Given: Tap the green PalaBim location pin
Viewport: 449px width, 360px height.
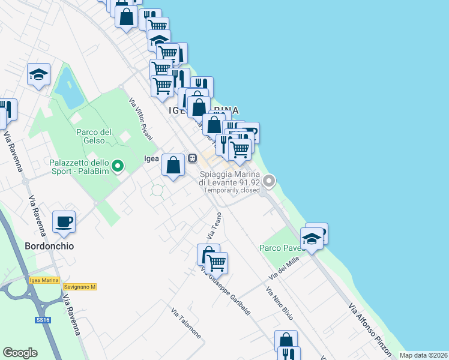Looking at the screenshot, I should tap(118, 166).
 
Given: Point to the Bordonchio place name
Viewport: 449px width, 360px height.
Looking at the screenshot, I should tap(50, 246).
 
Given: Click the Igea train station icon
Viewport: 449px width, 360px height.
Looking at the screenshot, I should tap(193, 158).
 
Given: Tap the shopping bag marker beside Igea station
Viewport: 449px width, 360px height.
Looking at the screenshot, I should tap(173, 164).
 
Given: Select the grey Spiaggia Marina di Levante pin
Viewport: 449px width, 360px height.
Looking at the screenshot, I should tap(270, 179).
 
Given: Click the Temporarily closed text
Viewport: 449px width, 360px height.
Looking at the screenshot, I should tap(231, 190).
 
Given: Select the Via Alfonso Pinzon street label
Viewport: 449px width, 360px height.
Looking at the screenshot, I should tap(370, 329).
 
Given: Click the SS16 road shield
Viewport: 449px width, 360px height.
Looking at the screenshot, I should tap(43, 320).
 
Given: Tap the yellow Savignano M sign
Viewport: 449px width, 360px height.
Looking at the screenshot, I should tap(80, 287).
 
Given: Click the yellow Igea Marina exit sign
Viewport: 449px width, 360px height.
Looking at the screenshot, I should tap(44, 280).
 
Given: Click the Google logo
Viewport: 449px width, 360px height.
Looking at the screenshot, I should tap(20, 353).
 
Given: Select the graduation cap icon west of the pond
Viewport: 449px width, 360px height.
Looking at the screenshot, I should tap(38, 74).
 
